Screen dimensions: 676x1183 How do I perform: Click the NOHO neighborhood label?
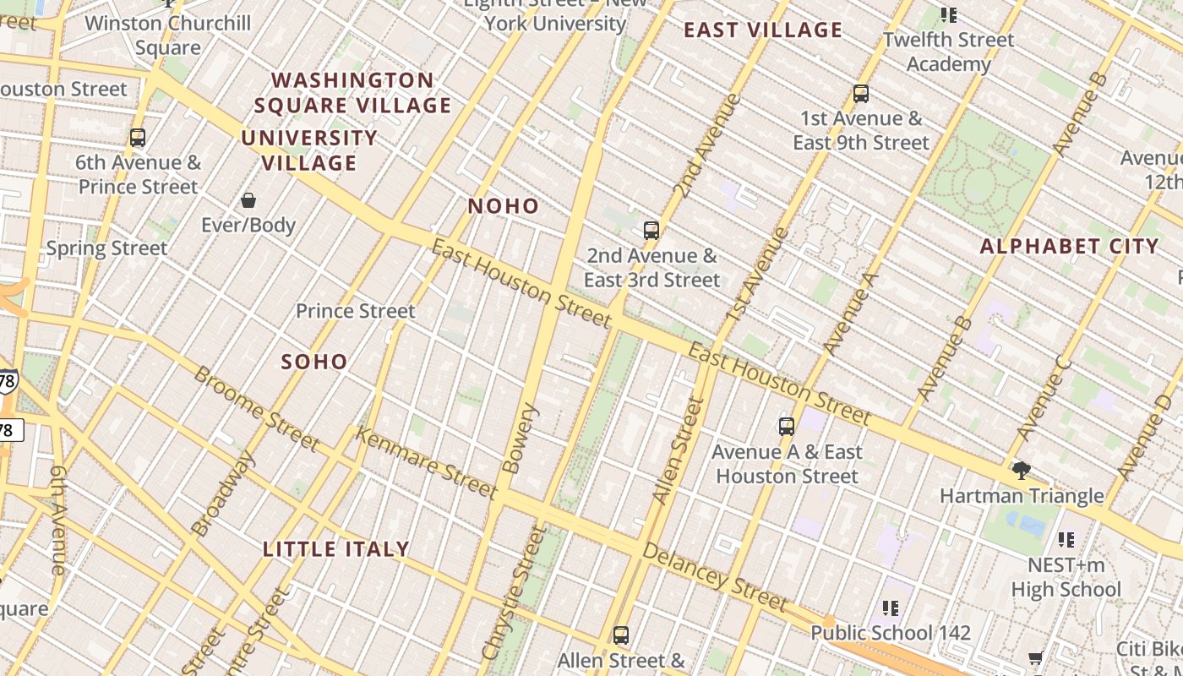click(x=503, y=206)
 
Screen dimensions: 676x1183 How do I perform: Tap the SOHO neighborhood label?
click(x=314, y=362)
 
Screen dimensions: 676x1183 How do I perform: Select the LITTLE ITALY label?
click(x=336, y=549)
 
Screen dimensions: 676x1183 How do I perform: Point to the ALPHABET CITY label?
click(x=1069, y=247)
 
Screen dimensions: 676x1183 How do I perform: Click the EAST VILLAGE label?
click(x=763, y=30)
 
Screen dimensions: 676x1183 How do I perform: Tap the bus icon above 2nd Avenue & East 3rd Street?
click(x=651, y=230)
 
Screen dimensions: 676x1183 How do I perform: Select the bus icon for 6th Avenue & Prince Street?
click(x=138, y=137)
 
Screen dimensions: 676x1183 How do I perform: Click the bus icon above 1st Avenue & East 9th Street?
click(x=861, y=93)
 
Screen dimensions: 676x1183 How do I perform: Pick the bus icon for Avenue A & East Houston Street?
click(x=787, y=426)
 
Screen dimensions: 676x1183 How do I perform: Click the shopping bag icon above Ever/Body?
click(x=248, y=200)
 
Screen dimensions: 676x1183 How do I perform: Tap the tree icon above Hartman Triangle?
click(x=1021, y=470)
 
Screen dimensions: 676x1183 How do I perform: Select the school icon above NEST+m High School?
click(x=1066, y=539)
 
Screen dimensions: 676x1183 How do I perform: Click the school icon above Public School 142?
click(x=890, y=608)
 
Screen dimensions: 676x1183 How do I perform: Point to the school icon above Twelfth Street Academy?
click(x=949, y=14)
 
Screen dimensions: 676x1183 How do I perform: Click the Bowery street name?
click(x=520, y=438)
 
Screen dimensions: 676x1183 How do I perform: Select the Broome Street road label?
click(x=256, y=408)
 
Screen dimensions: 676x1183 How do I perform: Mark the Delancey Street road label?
click(x=715, y=577)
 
